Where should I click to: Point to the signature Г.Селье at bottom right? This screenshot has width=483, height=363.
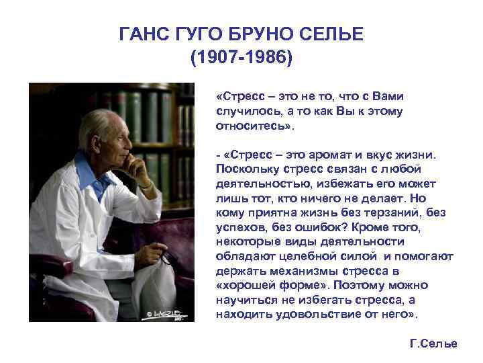[433, 344]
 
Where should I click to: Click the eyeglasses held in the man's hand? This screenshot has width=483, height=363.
[163, 257]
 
